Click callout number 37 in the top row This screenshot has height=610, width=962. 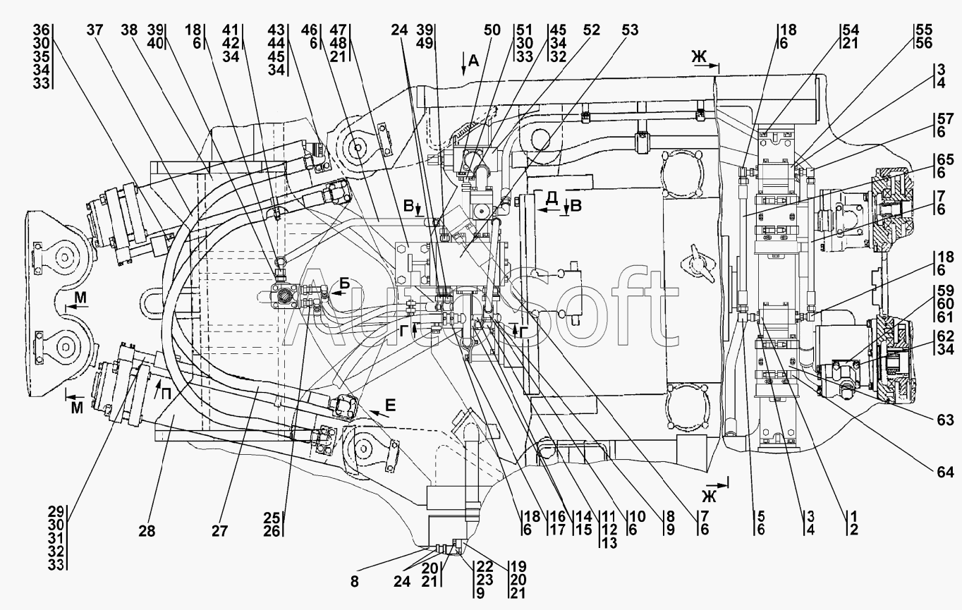95,30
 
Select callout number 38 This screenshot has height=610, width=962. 129,30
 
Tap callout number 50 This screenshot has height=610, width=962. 492,30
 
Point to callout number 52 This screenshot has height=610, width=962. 592,30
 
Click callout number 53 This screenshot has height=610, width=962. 630,30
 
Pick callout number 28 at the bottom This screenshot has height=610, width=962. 147,531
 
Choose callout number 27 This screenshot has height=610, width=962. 219,531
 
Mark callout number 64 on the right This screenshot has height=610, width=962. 945,472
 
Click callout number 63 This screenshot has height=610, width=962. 945,420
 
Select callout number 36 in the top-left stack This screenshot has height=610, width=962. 41,30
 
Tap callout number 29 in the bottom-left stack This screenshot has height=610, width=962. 56,512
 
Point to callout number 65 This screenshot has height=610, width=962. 945,159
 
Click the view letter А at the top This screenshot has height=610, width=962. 473,61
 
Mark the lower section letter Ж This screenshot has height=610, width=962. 710,496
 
